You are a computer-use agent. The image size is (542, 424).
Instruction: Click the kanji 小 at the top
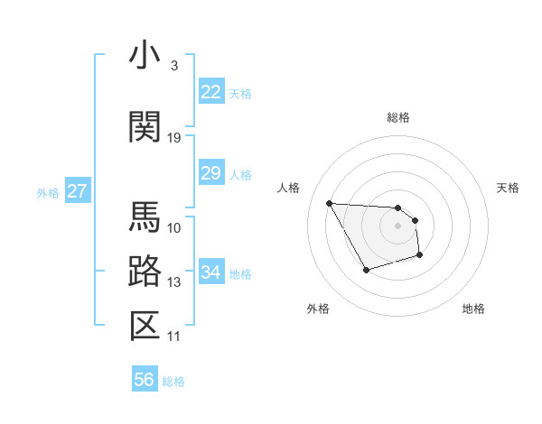click(x=145, y=56)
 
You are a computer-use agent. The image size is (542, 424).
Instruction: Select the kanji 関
click(x=145, y=127)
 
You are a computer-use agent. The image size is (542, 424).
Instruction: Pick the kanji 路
click(x=145, y=272)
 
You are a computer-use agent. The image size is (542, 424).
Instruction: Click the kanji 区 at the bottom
click(x=145, y=327)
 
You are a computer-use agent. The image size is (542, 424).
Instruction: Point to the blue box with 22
click(x=210, y=92)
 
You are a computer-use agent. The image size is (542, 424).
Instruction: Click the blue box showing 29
click(x=210, y=173)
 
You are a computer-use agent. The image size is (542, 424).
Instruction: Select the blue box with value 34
click(x=210, y=272)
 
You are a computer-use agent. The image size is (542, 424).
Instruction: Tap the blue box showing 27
click(x=78, y=191)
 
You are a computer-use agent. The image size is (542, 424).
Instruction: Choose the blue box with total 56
click(x=145, y=380)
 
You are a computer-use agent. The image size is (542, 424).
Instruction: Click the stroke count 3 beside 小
click(x=173, y=66)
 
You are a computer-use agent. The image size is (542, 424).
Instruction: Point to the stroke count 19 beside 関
click(x=174, y=137)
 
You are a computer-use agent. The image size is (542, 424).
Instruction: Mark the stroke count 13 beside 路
click(x=174, y=282)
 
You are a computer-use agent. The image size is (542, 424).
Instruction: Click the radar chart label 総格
click(x=397, y=117)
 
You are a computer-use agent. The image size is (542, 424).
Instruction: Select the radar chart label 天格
click(x=509, y=188)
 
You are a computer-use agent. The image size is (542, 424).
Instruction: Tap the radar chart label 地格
click(x=473, y=309)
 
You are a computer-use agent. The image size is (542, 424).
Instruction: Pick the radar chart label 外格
click(x=318, y=309)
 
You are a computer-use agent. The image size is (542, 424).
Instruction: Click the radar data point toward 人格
click(x=329, y=203)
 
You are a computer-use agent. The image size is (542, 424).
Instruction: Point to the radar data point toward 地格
click(x=420, y=256)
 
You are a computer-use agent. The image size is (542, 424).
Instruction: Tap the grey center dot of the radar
click(x=397, y=226)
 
